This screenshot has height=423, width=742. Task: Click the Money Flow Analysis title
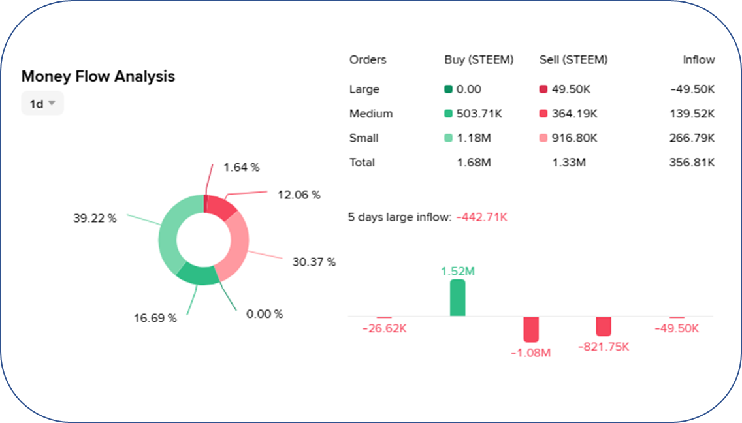pyautogui.click(x=98, y=76)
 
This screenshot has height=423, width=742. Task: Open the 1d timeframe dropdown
pyautogui.click(x=42, y=103)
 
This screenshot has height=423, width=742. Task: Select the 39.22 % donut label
pyautogui.click(x=95, y=218)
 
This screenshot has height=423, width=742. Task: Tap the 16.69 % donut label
pyautogui.click(x=155, y=318)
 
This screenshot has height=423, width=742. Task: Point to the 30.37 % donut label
pyautogui.click(x=314, y=262)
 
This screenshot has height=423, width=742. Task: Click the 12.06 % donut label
pyautogui.click(x=298, y=195)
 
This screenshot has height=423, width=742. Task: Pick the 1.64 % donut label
pyautogui.click(x=241, y=167)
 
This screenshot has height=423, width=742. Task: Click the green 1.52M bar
pyautogui.click(x=458, y=298)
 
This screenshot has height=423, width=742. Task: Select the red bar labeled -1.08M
pyautogui.click(x=531, y=329)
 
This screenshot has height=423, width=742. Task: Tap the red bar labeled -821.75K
pyautogui.click(x=604, y=326)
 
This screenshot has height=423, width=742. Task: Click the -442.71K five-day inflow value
pyautogui.click(x=482, y=217)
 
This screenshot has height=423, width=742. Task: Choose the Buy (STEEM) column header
pyautogui.click(x=479, y=59)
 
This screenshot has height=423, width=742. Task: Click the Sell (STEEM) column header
pyautogui.click(x=573, y=59)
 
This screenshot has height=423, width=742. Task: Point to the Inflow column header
pyautogui.click(x=698, y=59)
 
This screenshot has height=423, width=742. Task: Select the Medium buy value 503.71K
pyautogui.click(x=479, y=114)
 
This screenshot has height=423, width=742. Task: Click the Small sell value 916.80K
pyautogui.click(x=575, y=138)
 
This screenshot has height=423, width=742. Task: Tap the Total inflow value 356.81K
pyautogui.click(x=692, y=163)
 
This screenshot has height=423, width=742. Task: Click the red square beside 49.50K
pyautogui.click(x=543, y=89)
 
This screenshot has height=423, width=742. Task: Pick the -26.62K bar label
pyautogui.click(x=384, y=328)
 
